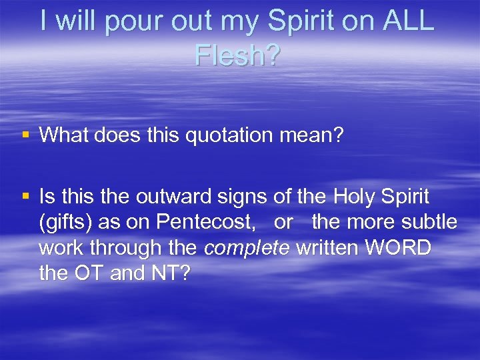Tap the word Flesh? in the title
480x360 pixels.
(x=238, y=55)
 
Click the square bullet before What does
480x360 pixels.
(x=26, y=136)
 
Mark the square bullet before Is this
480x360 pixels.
(x=26, y=197)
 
